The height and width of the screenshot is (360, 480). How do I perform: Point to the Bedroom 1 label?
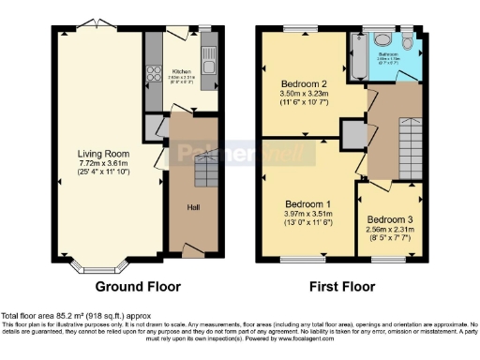point(307,203)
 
